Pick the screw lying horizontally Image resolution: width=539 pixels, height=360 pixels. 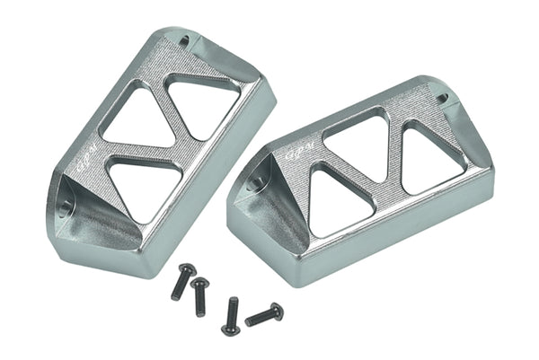point(263,314)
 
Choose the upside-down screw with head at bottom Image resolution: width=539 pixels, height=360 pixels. point(230,315)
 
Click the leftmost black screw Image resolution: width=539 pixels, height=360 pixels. point(181,281)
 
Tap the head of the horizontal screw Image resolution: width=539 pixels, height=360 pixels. point(276,311)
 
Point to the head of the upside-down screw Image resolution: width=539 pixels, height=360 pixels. point(231,328)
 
